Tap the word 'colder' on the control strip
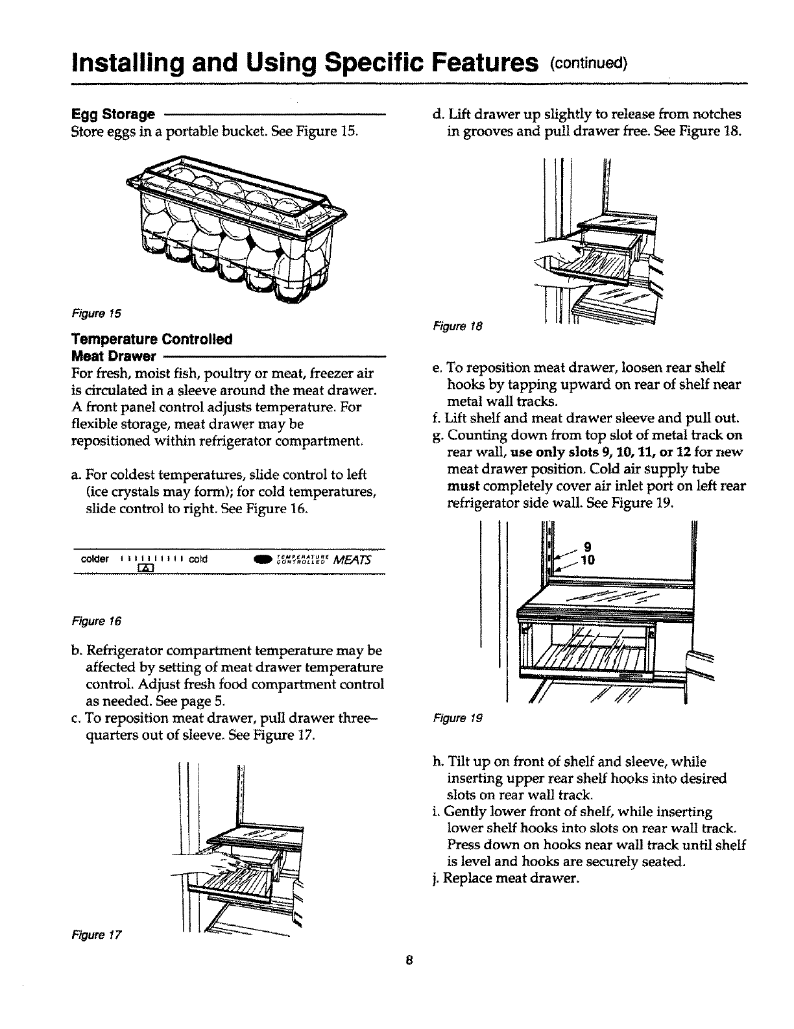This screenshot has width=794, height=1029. [x=94, y=559]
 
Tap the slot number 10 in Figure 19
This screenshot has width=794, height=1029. [x=588, y=560]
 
